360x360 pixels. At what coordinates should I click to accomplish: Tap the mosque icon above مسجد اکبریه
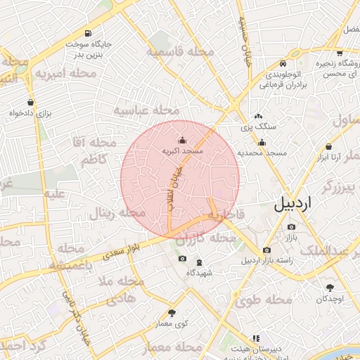tap(183, 139)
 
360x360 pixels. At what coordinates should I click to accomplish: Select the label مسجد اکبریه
tap(183, 150)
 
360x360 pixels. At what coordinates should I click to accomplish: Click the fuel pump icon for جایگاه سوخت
tap(88, 33)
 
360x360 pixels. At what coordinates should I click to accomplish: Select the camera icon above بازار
tap(292, 226)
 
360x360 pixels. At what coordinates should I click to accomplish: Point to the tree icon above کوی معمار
tap(173, 312)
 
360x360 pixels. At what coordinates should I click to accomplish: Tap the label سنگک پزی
tap(259, 127)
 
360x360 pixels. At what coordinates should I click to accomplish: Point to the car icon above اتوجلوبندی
tap(283, 62)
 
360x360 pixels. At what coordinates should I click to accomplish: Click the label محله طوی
tap(264, 300)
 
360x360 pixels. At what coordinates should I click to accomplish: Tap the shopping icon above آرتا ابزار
tap(328, 146)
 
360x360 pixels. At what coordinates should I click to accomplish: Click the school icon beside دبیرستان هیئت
tap(235, 349)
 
